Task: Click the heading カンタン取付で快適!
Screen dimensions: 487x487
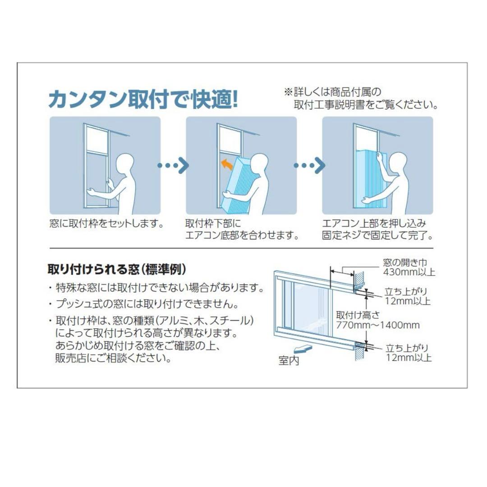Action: click(143, 99)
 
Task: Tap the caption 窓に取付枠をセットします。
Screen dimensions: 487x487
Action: click(106, 224)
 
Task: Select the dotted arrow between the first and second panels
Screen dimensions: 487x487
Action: click(173, 165)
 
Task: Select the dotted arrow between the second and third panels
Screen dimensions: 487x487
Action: click(309, 165)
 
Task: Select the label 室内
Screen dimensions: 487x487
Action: click(289, 361)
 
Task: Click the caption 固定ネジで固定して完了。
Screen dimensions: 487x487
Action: click(377, 235)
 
